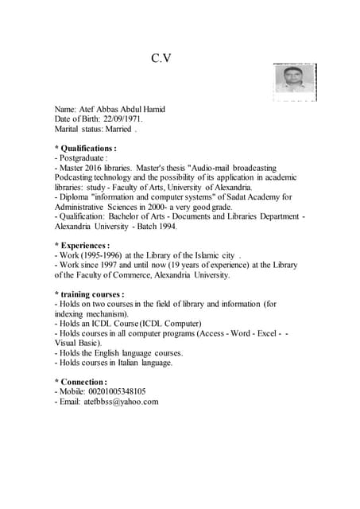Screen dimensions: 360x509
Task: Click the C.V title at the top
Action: pos(161,58)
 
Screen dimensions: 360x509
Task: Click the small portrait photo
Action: pos(294,80)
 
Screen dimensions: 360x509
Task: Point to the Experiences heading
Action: pos(83,246)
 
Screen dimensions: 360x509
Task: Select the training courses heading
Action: pos(89,294)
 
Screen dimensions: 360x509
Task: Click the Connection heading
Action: pos(81,382)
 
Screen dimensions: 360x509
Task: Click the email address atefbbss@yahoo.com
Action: pos(121,402)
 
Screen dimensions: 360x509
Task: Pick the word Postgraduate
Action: pos(82,159)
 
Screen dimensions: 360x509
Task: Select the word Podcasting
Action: pos(77,178)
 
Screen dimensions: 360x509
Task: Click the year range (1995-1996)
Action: pos(102,255)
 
